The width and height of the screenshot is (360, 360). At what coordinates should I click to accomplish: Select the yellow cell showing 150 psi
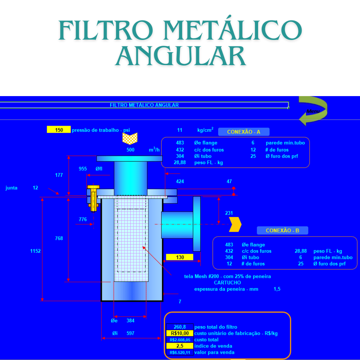(x=59, y=130)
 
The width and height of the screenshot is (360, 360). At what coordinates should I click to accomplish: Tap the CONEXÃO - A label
(x=244, y=132)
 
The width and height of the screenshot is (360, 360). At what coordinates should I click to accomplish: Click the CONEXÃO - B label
(x=282, y=230)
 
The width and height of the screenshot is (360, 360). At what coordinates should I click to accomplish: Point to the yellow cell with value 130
(x=180, y=257)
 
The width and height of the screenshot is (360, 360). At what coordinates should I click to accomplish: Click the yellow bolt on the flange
(x=94, y=198)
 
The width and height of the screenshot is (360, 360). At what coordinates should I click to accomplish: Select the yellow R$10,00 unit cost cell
(x=180, y=333)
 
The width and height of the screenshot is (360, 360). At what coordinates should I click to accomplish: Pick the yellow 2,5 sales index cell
(x=180, y=346)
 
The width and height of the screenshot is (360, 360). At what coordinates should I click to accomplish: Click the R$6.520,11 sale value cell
(x=180, y=352)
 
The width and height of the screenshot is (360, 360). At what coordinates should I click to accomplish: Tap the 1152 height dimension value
(x=35, y=251)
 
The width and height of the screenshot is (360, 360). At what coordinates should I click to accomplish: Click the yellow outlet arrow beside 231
(x=235, y=224)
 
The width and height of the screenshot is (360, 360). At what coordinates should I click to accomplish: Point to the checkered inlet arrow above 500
(x=130, y=139)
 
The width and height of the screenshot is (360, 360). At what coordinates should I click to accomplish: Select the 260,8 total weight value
(x=180, y=327)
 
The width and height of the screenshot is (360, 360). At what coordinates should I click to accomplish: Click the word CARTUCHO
(x=227, y=283)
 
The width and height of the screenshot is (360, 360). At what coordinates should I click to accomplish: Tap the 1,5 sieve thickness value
(x=277, y=289)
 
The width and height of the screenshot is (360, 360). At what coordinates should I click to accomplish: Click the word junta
(x=12, y=188)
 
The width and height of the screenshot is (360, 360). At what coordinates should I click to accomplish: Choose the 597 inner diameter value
(x=130, y=333)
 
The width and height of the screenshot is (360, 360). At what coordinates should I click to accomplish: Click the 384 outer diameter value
(x=130, y=320)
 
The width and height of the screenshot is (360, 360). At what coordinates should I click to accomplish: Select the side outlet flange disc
(x=197, y=224)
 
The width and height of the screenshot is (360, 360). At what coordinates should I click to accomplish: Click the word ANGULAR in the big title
(x=180, y=56)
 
